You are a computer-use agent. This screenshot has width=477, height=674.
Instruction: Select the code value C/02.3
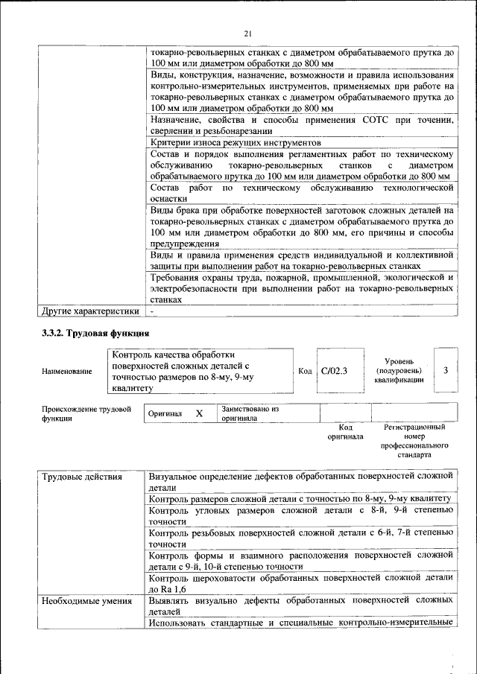click(x=335, y=370)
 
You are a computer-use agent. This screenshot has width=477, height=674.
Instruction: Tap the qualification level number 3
click(x=445, y=369)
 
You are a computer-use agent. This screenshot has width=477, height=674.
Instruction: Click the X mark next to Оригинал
click(x=199, y=413)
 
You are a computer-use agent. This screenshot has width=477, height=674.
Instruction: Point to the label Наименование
click(x=68, y=371)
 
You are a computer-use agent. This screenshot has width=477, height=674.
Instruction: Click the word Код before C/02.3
click(x=305, y=371)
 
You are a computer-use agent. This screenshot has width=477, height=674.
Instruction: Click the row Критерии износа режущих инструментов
click(x=236, y=142)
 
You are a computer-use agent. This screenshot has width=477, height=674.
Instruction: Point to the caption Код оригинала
click(x=345, y=432)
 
